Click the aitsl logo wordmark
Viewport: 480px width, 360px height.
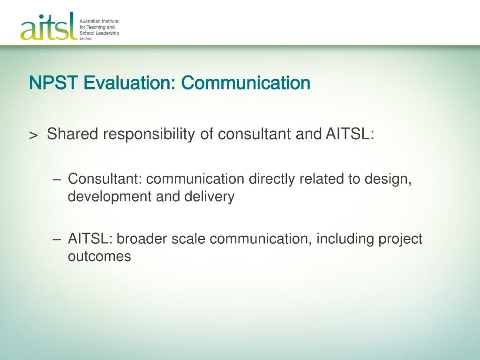coord(49,27)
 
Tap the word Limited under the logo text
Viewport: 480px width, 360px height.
coord(85,38)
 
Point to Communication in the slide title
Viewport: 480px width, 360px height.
coord(246,82)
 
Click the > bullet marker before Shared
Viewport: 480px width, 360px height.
coord(33,135)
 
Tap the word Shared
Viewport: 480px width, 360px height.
coord(73,134)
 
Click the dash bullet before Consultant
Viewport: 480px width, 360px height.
coord(57,180)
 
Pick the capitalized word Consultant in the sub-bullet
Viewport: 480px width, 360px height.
coord(103,179)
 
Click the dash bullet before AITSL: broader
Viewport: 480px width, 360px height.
coord(57,240)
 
